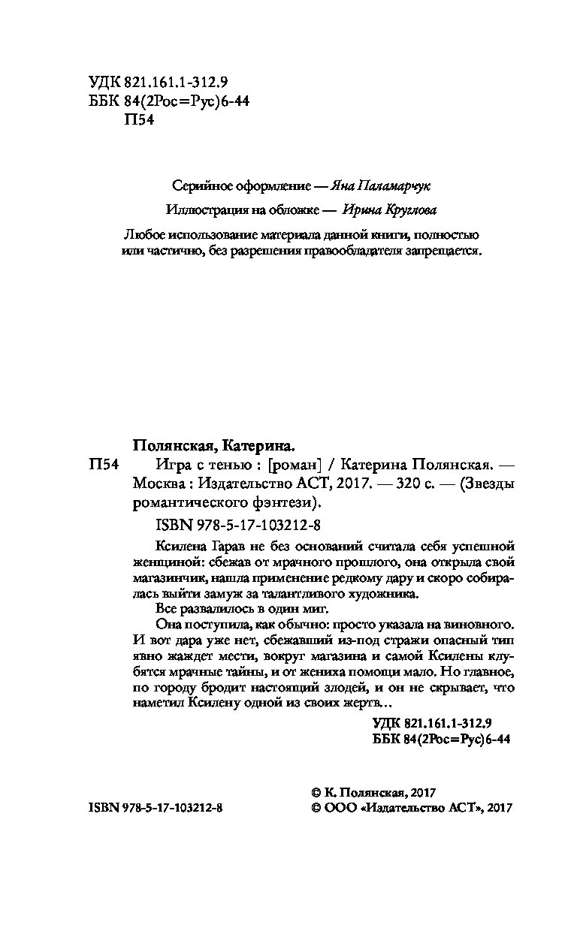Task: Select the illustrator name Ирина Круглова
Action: pyautogui.click(x=388, y=211)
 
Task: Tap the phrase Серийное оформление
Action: pyautogui.click(x=231, y=185)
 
